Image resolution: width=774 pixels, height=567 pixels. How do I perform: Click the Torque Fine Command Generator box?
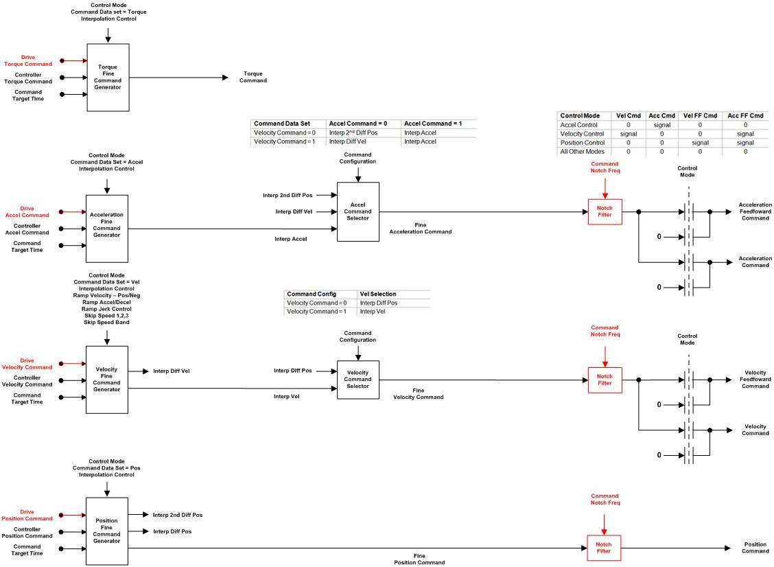108,78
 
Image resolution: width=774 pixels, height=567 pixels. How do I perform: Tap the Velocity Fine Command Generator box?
106,380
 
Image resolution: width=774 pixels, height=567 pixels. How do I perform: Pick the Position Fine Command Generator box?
106,531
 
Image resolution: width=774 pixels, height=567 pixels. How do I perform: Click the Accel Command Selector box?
357,211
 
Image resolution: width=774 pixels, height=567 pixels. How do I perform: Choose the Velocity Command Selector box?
357,380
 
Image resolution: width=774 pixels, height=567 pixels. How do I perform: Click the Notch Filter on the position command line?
604,548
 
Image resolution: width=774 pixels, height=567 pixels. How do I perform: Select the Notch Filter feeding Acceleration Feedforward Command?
604,211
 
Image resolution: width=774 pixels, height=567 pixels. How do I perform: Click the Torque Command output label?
253,77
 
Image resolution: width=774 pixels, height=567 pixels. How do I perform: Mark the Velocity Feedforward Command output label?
755,380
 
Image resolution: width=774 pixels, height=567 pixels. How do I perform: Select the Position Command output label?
755,548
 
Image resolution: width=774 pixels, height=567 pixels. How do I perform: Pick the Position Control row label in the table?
582,143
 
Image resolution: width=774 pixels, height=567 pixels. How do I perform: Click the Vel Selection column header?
378,294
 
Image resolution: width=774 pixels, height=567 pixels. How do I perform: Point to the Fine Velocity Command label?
418,393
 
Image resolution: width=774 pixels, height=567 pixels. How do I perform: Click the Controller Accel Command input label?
27,229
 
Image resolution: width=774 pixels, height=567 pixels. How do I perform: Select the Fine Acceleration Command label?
420,229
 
